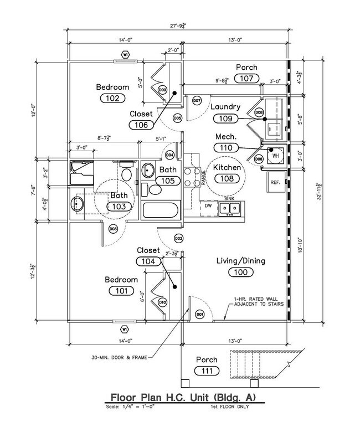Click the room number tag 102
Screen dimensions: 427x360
click(x=112, y=98)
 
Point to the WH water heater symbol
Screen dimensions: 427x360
click(x=275, y=156)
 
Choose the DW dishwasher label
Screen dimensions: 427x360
click(x=208, y=207)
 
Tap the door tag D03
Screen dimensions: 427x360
click(x=112, y=228)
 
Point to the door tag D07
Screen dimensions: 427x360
click(x=197, y=101)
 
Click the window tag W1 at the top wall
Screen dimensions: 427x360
click(x=125, y=55)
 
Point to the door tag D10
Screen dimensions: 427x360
click(x=162, y=302)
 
